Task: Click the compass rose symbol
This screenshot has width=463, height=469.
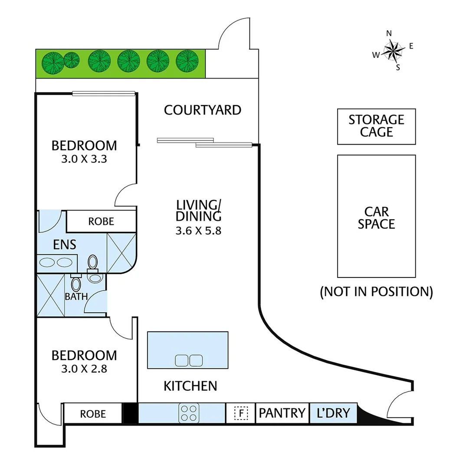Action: (393, 50)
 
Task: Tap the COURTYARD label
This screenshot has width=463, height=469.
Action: (202, 110)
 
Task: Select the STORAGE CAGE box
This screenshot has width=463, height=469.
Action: (376, 126)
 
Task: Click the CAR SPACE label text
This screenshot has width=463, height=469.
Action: (376, 218)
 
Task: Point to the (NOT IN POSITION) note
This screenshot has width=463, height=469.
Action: (376, 291)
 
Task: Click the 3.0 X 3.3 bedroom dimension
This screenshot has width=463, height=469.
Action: (84, 159)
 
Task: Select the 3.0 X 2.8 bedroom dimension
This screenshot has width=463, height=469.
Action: (84, 369)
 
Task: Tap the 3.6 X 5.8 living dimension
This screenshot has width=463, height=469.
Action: (198, 231)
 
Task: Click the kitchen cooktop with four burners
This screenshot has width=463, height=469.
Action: (189, 413)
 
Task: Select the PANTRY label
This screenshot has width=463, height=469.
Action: (282, 413)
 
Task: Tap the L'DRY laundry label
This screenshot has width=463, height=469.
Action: (333, 413)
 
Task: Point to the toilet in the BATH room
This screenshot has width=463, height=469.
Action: (76, 284)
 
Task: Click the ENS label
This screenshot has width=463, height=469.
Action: (65, 244)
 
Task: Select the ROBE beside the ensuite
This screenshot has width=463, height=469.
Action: (101, 221)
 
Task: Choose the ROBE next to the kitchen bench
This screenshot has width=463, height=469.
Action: (93, 414)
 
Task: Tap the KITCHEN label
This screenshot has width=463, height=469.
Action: (190, 386)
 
